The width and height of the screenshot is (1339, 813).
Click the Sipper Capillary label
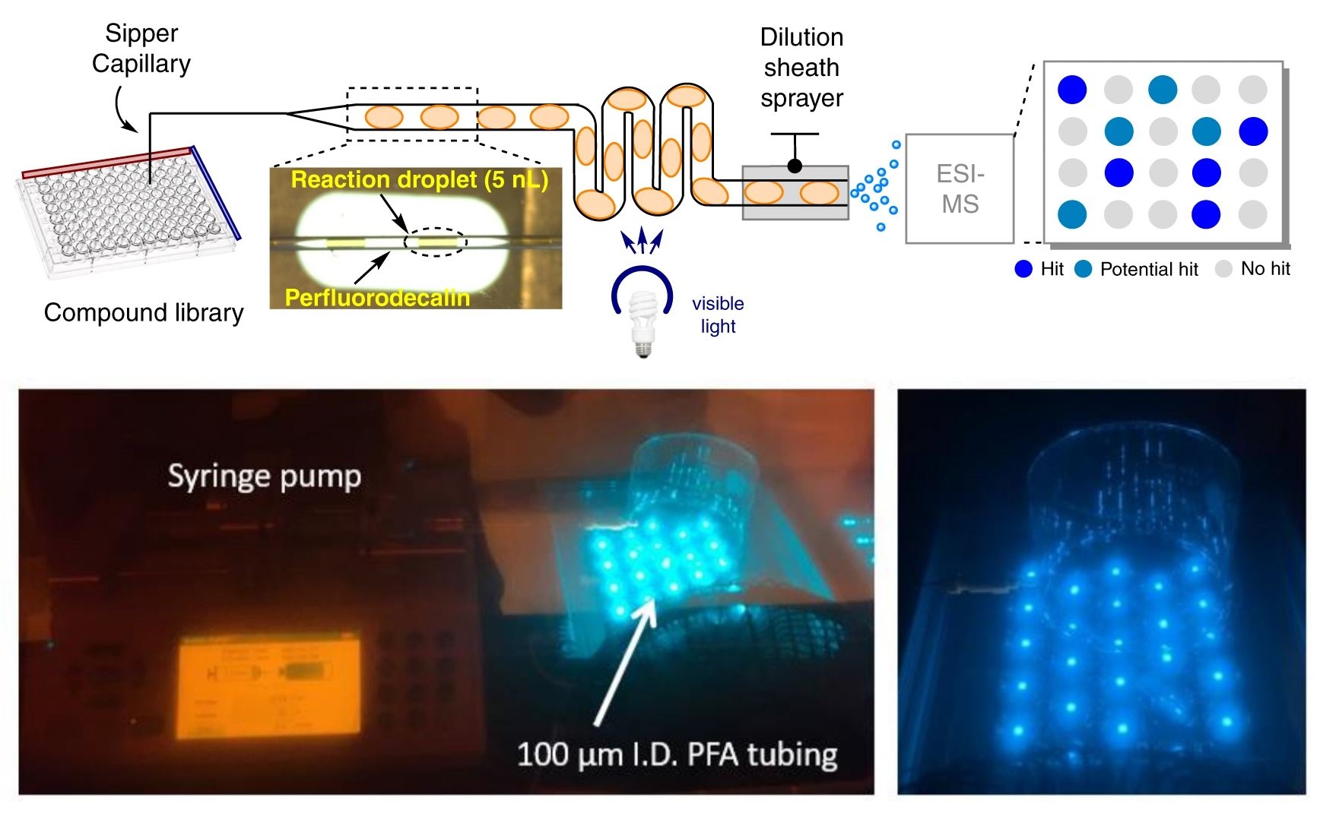(x=141, y=48)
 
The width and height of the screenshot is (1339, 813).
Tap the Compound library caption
(x=144, y=312)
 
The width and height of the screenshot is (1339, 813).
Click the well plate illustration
(x=125, y=209)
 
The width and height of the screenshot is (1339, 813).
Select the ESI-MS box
(x=960, y=189)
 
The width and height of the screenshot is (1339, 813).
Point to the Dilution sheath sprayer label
(x=801, y=68)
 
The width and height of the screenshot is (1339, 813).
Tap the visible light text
(x=718, y=315)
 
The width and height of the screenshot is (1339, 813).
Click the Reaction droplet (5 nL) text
(x=419, y=180)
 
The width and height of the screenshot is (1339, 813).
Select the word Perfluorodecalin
(x=377, y=297)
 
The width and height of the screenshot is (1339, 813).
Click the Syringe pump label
(x=264, y=476)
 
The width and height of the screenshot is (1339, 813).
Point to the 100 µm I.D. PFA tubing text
(x=677, y=754)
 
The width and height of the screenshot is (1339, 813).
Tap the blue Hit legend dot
(x=1023, y=269)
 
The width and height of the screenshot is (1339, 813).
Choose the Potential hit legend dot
(x=1083, y=269)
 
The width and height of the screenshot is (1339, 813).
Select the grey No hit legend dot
(x=1223, y=269)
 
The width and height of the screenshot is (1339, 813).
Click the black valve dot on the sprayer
(x=795, y=166)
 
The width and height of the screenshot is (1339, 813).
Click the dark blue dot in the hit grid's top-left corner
(x=1072, y=90)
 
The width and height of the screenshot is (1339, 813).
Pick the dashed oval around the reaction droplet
(x=435, y=242)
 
